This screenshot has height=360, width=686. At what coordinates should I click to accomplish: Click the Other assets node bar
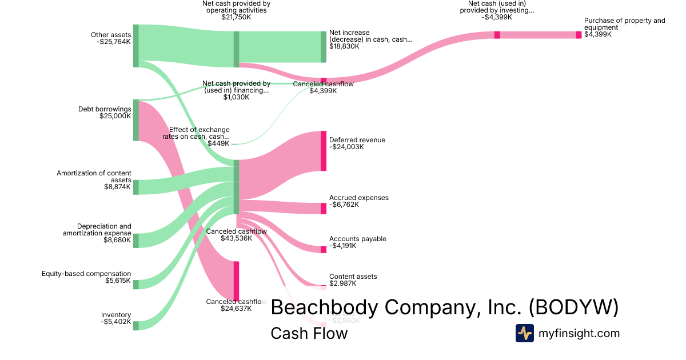click(x=136, y=46)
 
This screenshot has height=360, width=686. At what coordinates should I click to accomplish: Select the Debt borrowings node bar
click(x=136, y=120)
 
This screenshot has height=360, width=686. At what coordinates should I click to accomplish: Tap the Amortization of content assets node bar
click(x=136, y=187)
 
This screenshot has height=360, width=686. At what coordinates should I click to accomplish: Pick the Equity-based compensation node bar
click(x=136, y=284)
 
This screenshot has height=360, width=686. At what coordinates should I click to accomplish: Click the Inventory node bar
click(x=136, y=326)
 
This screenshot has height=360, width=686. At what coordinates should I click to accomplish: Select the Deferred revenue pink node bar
click(x=324, y=151)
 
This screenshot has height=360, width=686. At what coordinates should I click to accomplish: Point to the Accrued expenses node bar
click(x=324, y=209)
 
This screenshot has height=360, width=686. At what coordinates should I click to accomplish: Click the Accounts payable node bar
click(x=324, y=249)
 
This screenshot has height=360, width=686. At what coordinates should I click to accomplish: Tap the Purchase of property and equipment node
click(x=579, y=35)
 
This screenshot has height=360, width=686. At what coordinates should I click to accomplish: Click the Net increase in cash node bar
click(x=324, y=47)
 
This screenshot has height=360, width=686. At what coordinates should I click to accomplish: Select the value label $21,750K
click(x=236, y=18)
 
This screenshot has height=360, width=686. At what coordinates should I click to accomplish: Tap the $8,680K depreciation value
click(x=117, y=241)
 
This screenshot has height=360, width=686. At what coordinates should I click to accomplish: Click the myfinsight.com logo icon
click(x=524, y=333)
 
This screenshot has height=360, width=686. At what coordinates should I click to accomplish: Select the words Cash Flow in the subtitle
click(x=309, y=333)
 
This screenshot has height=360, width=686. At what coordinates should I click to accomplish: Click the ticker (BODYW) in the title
click(x=573, y=307)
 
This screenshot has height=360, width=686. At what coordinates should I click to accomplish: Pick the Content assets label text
click(x=353, y=277)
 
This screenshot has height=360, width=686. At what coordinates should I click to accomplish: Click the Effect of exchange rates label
click(x=200, y=133)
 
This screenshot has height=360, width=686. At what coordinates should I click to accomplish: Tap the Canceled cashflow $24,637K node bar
click(x=236, y=280)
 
